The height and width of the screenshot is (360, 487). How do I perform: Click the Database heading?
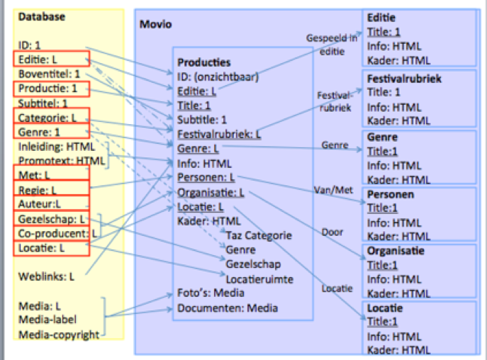pos(40,16)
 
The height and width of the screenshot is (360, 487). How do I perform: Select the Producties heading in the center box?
pos(204,62)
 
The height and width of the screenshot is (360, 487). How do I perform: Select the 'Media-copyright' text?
pos(59,334)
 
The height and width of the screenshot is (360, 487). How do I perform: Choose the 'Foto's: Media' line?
pos(211,293)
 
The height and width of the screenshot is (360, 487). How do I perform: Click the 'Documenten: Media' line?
pos(227,308)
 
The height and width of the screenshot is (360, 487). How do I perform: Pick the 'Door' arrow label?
pos(332,232)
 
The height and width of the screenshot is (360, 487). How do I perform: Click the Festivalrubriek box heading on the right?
pos(404,79)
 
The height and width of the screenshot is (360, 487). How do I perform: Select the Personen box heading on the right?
pos(390,193)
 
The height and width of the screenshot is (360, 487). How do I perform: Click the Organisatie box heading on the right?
pos(396,251)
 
